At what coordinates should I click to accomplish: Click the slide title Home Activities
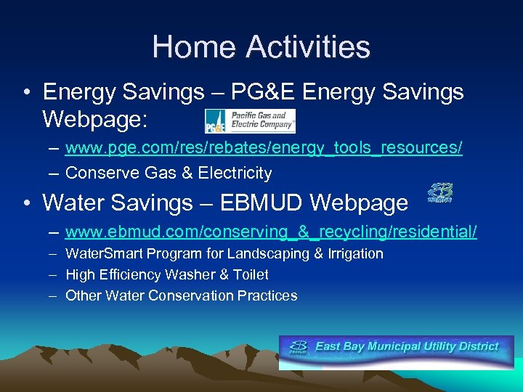tap(261, 47)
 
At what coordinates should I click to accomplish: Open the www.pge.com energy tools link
tap(263, 148)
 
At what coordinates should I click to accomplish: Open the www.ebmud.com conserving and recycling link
tap(271, 232)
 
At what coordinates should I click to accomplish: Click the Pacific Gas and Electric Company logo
tap(250, 121)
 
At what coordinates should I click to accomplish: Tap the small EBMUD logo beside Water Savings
tap(439, 192)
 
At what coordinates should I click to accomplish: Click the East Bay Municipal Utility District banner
tap(396, 348)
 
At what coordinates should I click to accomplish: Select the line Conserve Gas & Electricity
tap(169, 173)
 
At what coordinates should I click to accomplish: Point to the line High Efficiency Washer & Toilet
tap(166, 274)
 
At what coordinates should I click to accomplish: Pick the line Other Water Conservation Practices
tap(181, 295)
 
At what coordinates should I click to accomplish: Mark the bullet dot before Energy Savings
tap(26, 93)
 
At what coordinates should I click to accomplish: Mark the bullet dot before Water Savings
tap(26, 203)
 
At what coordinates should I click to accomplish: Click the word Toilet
tap(251, 274)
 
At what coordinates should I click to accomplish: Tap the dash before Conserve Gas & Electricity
tap(54, 173)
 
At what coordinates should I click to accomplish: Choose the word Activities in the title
tap(309, 47)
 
